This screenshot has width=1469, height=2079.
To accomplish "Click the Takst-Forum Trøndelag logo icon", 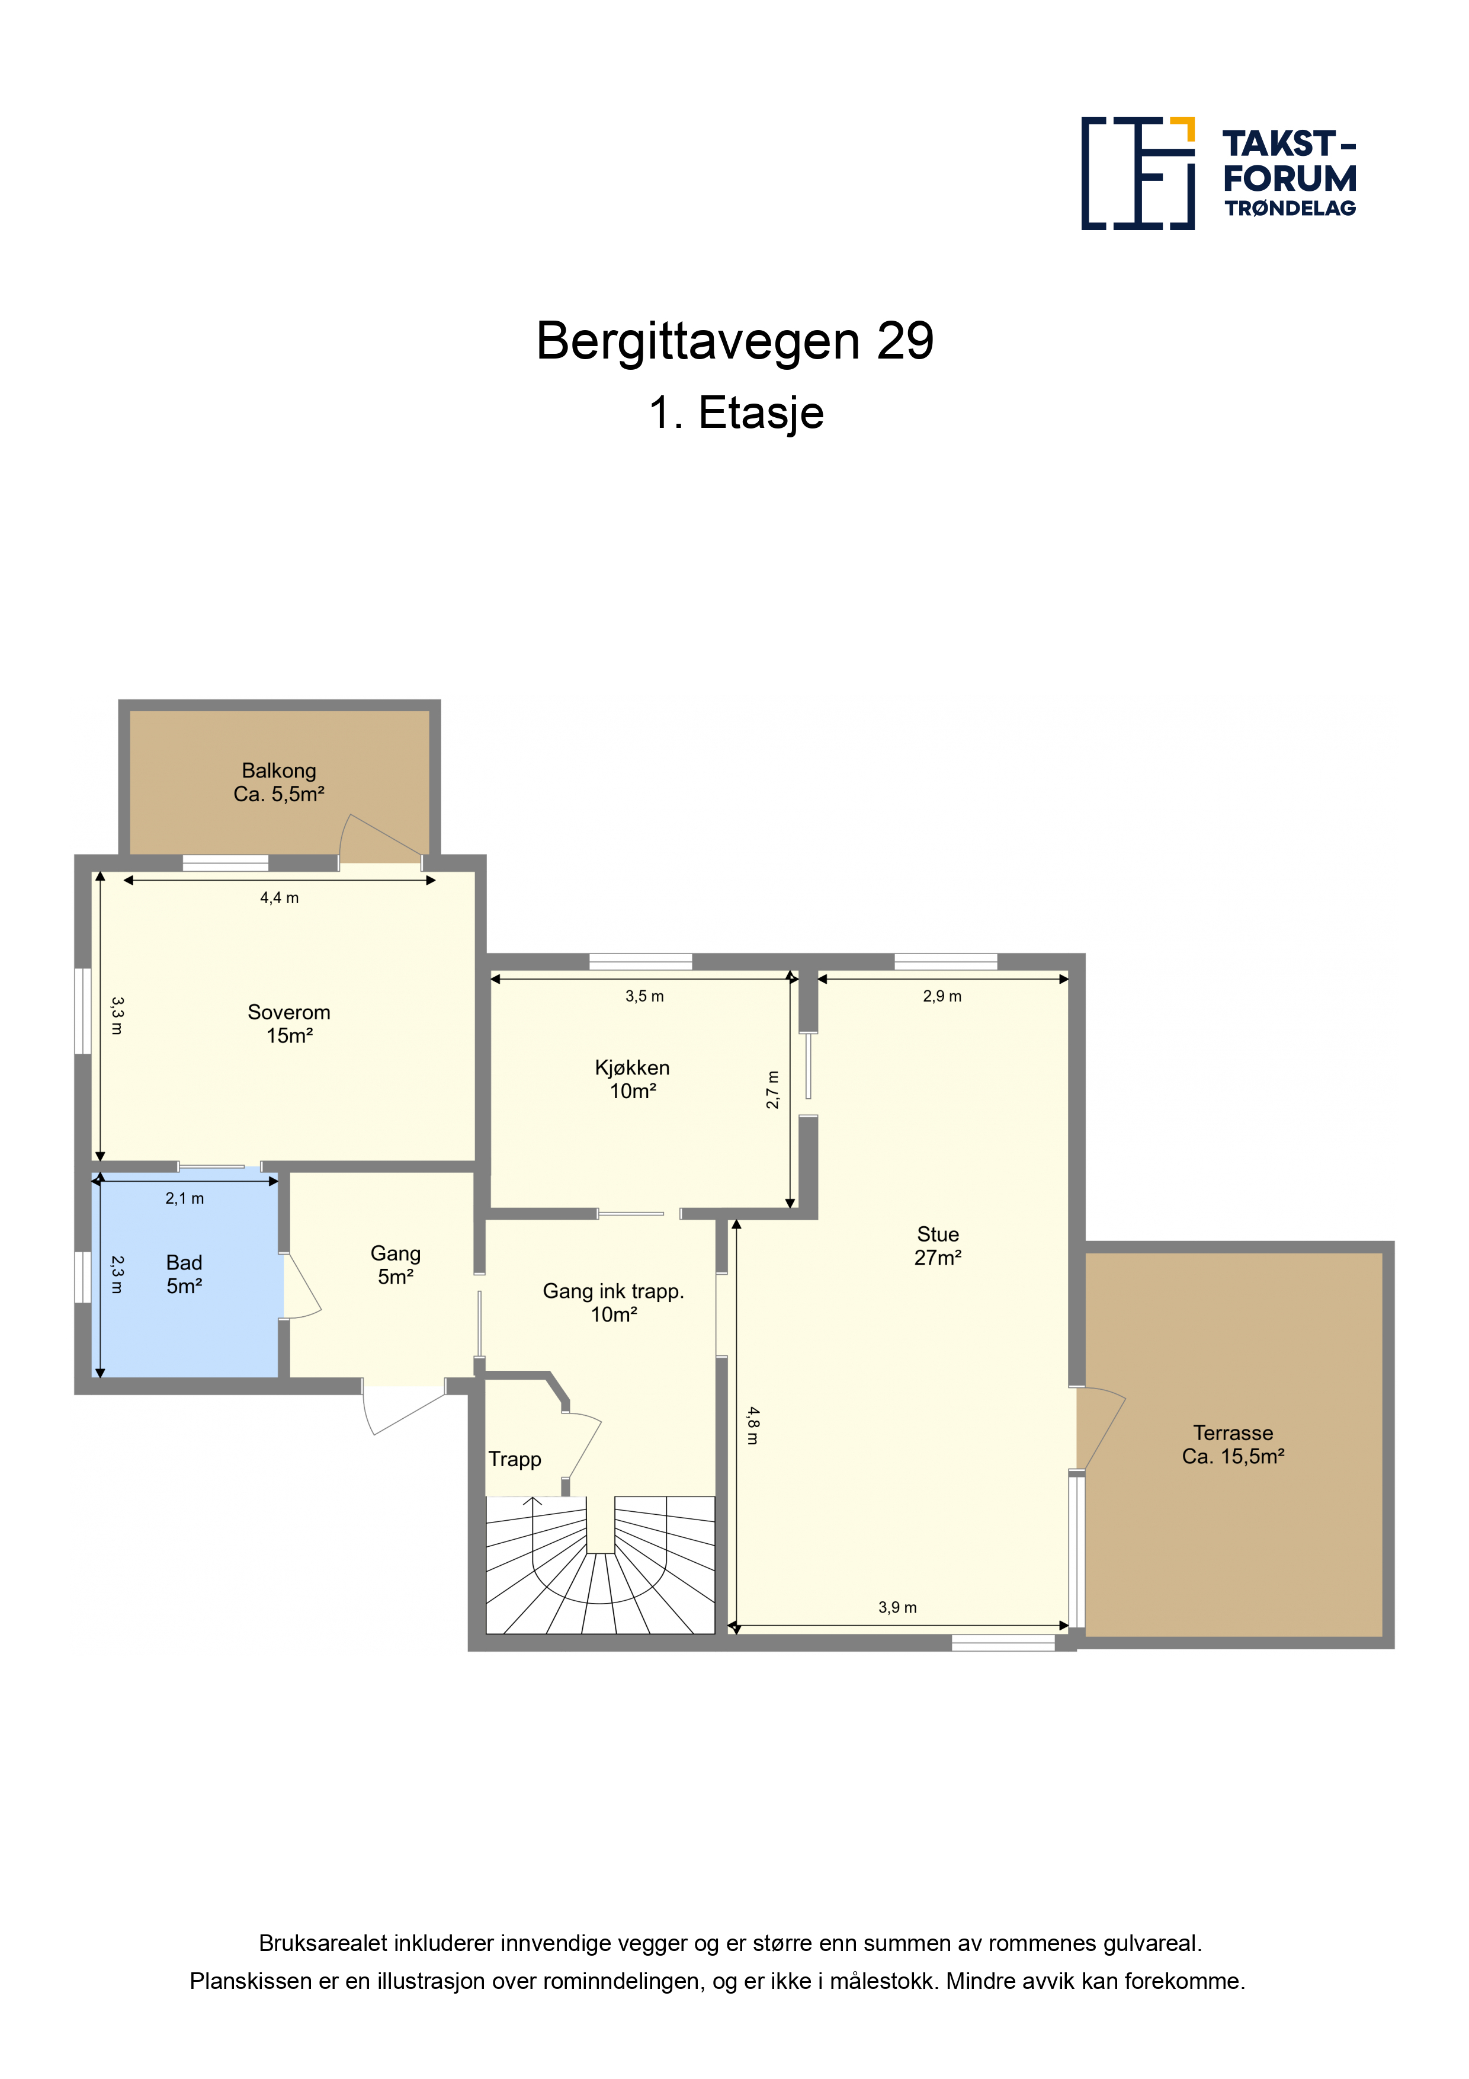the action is pyautogui.click(x=1138, y=173).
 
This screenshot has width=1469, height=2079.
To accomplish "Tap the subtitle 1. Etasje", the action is pyautogui.click(x=736, y=413).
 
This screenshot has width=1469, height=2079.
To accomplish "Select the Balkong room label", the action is pyautogui.click(x=279, y=782).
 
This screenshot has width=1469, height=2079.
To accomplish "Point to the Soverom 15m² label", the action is pyautogui.click(x=288, y=1024).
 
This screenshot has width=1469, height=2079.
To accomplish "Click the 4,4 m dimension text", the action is pyautogui.click(x=279, y=898).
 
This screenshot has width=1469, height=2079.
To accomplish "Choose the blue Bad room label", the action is pyautogui.click(x=184, y=1274).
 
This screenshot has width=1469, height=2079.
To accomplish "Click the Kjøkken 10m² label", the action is pyautogui.click(x=632, y=1079).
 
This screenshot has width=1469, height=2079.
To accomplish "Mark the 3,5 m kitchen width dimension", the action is pyautogui.click(x=644, y=996).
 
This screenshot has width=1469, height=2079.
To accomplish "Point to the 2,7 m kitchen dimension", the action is pyautogui.click(x=772, y=1089).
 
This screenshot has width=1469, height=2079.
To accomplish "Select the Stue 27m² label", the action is pyautogui.click(x=938, y=1246).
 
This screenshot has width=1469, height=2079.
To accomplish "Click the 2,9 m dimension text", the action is pyautogui.click(x=942, y=996).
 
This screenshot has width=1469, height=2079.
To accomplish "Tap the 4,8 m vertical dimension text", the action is pyautogui.click(x=752, y=1425).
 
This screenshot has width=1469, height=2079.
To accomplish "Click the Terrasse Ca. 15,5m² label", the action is pyautogui.click(x=1233, y=1444).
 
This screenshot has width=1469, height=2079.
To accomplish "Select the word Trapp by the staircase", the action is pyautogui.click(x=515, y=1460).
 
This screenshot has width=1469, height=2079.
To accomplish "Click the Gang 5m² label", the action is pyautogui.click(x=396, y=1265).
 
